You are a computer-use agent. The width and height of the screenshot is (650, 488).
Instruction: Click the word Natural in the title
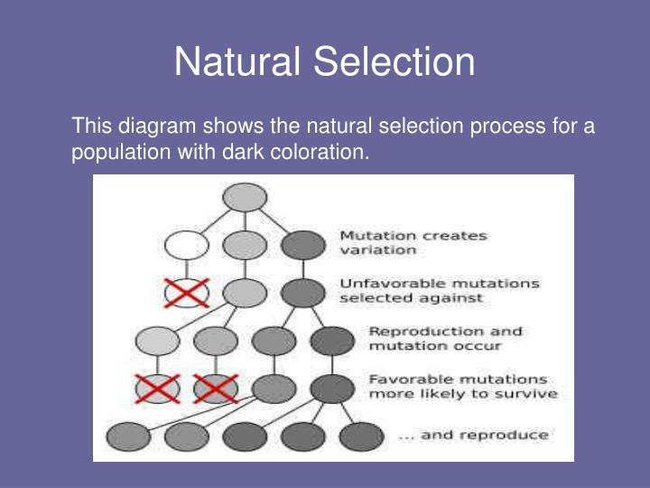(x=237, y=61)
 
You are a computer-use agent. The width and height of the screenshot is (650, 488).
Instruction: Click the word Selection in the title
(x=394, y=61)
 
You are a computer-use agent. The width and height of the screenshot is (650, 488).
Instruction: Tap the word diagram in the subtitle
(x=157, y=127)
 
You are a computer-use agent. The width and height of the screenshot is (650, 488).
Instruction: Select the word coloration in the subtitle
(x=320, y=152)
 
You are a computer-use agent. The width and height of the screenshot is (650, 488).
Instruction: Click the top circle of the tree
(x=245, y=198)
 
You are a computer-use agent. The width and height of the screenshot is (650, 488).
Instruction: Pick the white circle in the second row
(x=187, y=245)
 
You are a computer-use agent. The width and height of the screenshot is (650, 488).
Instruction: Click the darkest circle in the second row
(x=303, y=245)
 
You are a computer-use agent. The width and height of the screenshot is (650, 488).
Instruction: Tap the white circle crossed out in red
(x=187, y=293)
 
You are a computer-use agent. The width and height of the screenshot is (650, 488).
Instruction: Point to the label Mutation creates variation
(x=413, y=243)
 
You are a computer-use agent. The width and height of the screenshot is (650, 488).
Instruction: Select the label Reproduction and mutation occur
(x=445, y=339)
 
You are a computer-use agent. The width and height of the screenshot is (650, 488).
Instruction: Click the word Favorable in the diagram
(x=411, y=380)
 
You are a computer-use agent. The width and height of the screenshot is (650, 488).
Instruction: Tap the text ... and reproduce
(x=473, y=436)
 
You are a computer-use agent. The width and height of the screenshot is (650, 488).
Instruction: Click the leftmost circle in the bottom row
(x=128, y=436)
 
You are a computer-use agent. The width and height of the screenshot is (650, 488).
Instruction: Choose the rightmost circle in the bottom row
(x=361, y=436)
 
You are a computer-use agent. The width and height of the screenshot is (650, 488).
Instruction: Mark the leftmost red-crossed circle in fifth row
(x=157, y=389)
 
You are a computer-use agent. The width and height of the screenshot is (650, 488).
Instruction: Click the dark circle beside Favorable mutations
(x=332, y=389)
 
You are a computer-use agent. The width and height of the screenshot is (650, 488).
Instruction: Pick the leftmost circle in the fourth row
(x=157, y=341)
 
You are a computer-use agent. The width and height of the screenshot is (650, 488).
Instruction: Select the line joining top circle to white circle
(x=216, y=221)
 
